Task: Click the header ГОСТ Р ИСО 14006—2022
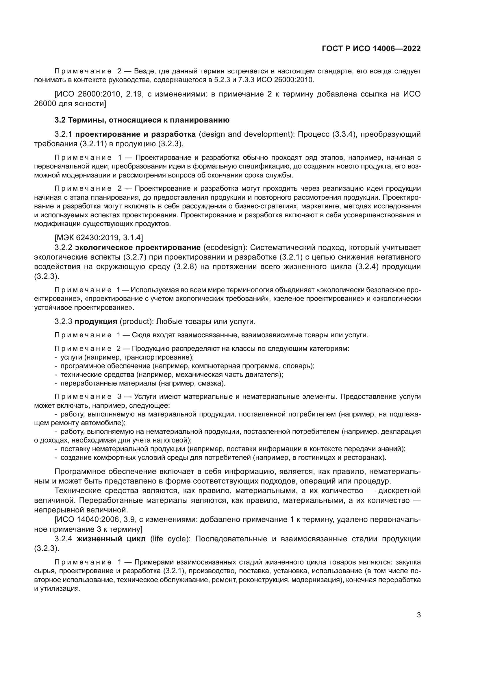(371, 49)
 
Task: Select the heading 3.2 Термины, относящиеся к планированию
(142, 120)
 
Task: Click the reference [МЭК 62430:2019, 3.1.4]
(99, 237)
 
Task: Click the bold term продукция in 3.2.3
(96, 321)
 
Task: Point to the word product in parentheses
(136, 321)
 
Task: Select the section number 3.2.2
(63, 247)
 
